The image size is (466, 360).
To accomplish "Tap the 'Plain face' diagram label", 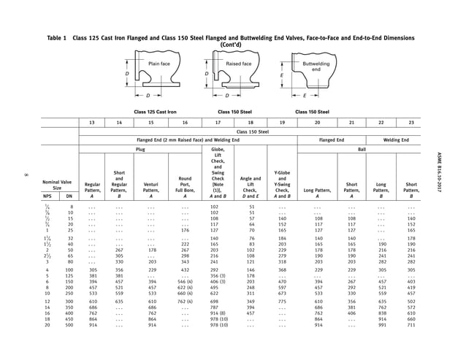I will point(159,64).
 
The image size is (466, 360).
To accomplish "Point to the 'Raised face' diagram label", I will point(238,64).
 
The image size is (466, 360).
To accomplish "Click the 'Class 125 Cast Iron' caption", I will point(156,112).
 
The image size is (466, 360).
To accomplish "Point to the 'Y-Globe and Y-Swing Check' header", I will point(282,186).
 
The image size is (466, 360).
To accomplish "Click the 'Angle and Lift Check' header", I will point(251,189).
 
